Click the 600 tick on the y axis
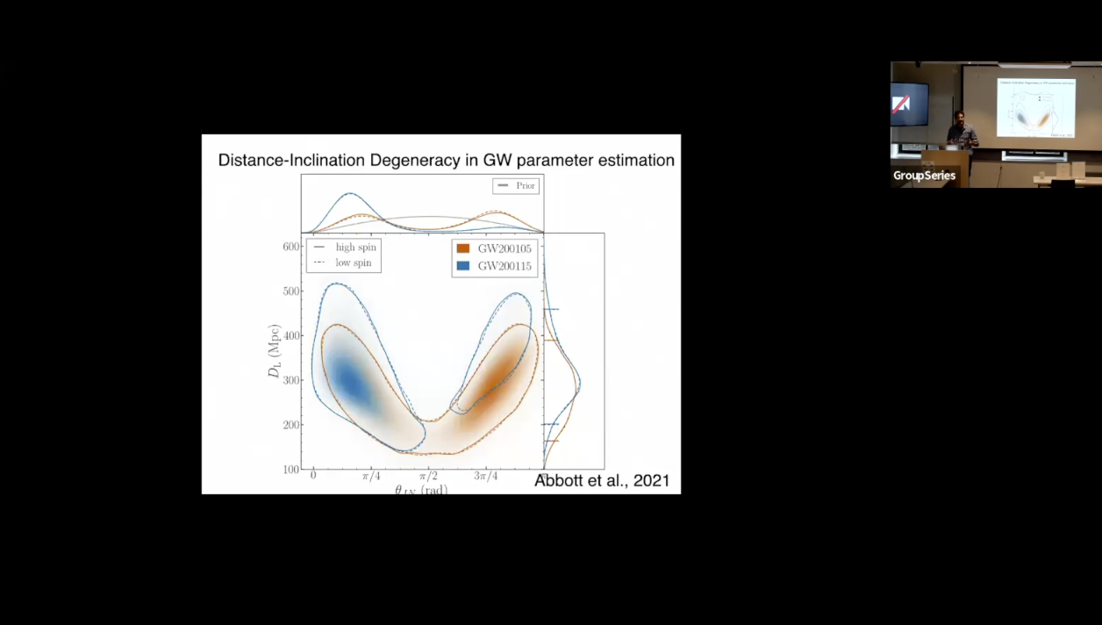tap(291, 247)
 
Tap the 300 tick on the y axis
tap(291, 380)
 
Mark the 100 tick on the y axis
tap(291, 469)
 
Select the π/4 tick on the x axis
tap(371, 476)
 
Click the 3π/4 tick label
tap(486, 476)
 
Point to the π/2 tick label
tap(427, 476)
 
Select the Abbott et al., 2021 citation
tap(602, 480)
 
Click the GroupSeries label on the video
tap(924, 176)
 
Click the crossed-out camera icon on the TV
tap(902, 104)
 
